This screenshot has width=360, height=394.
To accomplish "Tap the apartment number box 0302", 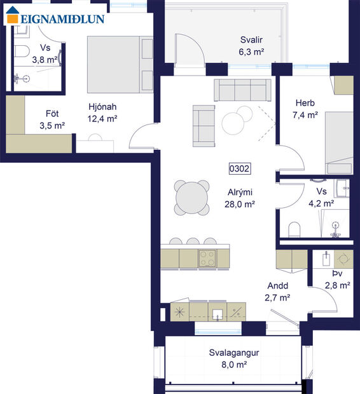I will coord(240,169).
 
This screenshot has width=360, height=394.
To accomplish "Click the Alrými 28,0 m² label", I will coord(241,198).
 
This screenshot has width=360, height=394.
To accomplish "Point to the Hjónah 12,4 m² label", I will coord(102,112).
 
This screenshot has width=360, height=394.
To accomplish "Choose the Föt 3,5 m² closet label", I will coord(52,119).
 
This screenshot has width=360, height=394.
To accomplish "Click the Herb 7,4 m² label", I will coord(305,109).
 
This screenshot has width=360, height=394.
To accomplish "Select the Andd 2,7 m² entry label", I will coord(278,292).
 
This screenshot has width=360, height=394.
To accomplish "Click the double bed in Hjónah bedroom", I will coord(120,64).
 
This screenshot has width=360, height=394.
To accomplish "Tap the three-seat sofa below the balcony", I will coord(242,90).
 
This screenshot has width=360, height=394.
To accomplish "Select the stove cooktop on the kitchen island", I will coord(208,257).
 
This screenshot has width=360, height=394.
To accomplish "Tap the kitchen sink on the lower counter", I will coord(218,313).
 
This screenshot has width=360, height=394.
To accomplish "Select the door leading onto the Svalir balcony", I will coord(188,48).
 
